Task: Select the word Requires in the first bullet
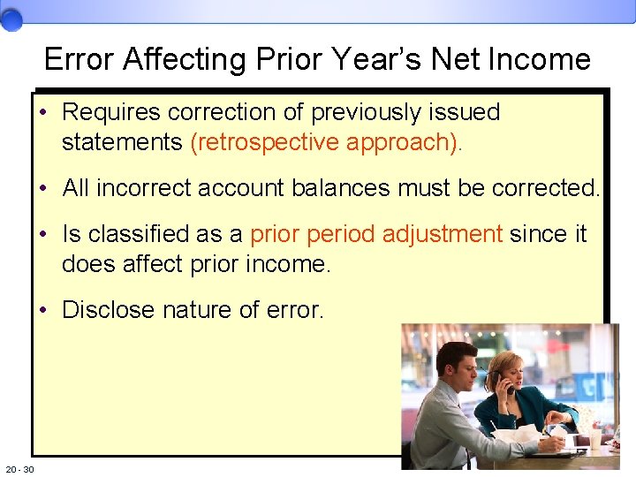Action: coord(111,112)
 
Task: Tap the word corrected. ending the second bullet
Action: coord(546,188)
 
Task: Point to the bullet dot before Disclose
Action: coord(43,311)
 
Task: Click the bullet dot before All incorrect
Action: coord(43,189)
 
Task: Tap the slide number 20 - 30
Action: coord(19,469)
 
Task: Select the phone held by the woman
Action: coord(503,382)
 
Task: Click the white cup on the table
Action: coord(594,437)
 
